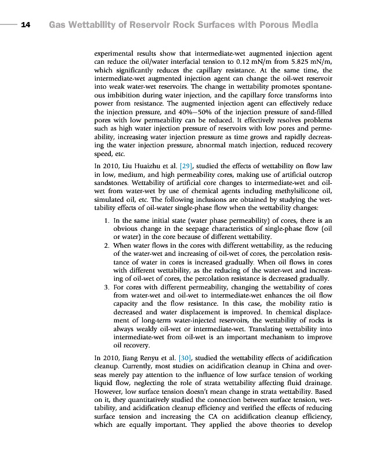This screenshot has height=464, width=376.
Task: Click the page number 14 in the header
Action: point(25,25)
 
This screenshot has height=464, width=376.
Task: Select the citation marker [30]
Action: point(187,357)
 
